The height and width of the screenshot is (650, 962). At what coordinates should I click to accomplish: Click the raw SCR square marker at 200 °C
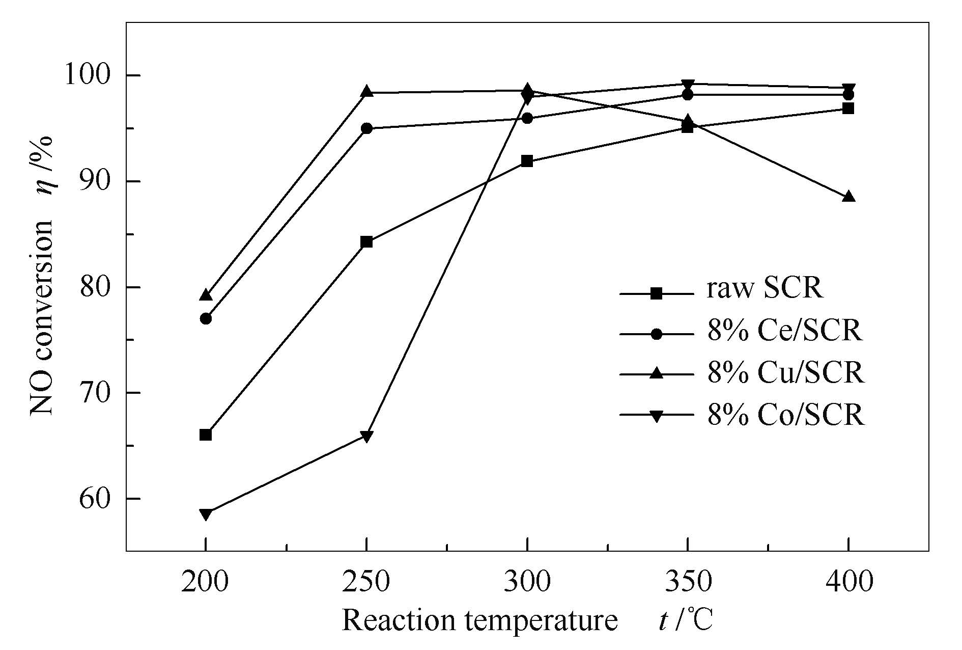(206, 435)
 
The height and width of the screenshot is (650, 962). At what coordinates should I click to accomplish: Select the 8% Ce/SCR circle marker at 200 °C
(206, 319)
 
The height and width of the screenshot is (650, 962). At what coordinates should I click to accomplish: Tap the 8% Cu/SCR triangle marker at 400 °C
(848, 197)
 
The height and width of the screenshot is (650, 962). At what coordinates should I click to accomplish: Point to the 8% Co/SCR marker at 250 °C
(366, 436)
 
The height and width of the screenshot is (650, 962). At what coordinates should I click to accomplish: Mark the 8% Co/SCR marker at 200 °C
(206, 514)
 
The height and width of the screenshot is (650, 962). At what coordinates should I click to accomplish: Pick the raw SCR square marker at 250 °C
(366, 242)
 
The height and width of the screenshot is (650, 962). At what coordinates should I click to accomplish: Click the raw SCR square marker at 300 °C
(527, 161)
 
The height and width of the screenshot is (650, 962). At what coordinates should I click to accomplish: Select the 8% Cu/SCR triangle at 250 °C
(366, 92)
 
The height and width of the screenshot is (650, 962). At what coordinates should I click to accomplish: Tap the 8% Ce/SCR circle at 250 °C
(366, 128)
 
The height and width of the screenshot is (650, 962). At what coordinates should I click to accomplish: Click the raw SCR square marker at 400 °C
(848, 109)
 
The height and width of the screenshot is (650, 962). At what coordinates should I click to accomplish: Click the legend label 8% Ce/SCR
(784, 331)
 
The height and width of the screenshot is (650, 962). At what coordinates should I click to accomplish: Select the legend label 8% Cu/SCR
(785, 373)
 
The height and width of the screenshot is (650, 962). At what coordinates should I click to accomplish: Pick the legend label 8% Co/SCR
(785, 416)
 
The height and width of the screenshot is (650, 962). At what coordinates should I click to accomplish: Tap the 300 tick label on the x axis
(527, 582)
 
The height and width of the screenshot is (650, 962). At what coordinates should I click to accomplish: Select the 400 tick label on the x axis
(848, 582)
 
